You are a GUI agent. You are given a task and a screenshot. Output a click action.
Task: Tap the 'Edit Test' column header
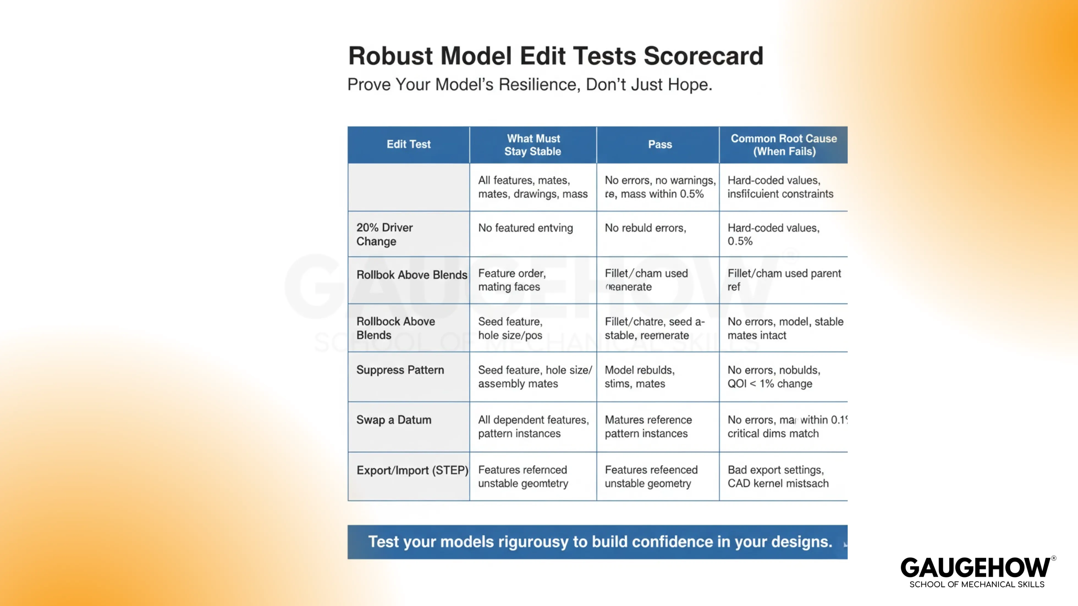click(x=408, y=144)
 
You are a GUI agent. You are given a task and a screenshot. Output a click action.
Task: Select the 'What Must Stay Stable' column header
click(x=533, y=145)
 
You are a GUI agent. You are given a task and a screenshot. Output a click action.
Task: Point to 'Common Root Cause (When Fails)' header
click(x=784, y=145)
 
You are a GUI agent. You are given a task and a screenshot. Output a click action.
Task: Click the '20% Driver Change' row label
click(x=384, y=234)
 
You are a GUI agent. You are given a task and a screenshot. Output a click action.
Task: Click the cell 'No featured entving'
click(x=525, y=228)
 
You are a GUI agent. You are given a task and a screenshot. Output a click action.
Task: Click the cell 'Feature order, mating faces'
click(x=512, y=280)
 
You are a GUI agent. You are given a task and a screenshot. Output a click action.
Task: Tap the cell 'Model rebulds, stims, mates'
click(x=639, y=377)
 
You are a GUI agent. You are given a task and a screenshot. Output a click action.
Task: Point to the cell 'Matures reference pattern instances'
click(x=648, y=427)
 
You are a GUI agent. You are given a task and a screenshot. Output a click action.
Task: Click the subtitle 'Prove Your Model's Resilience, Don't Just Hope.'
click(x=529, y=84)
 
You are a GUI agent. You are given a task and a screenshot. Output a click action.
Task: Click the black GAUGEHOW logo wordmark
click(x=975, y=568)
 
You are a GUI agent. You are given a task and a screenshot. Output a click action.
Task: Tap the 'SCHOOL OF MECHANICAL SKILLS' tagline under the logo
click(x=977, y=584)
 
